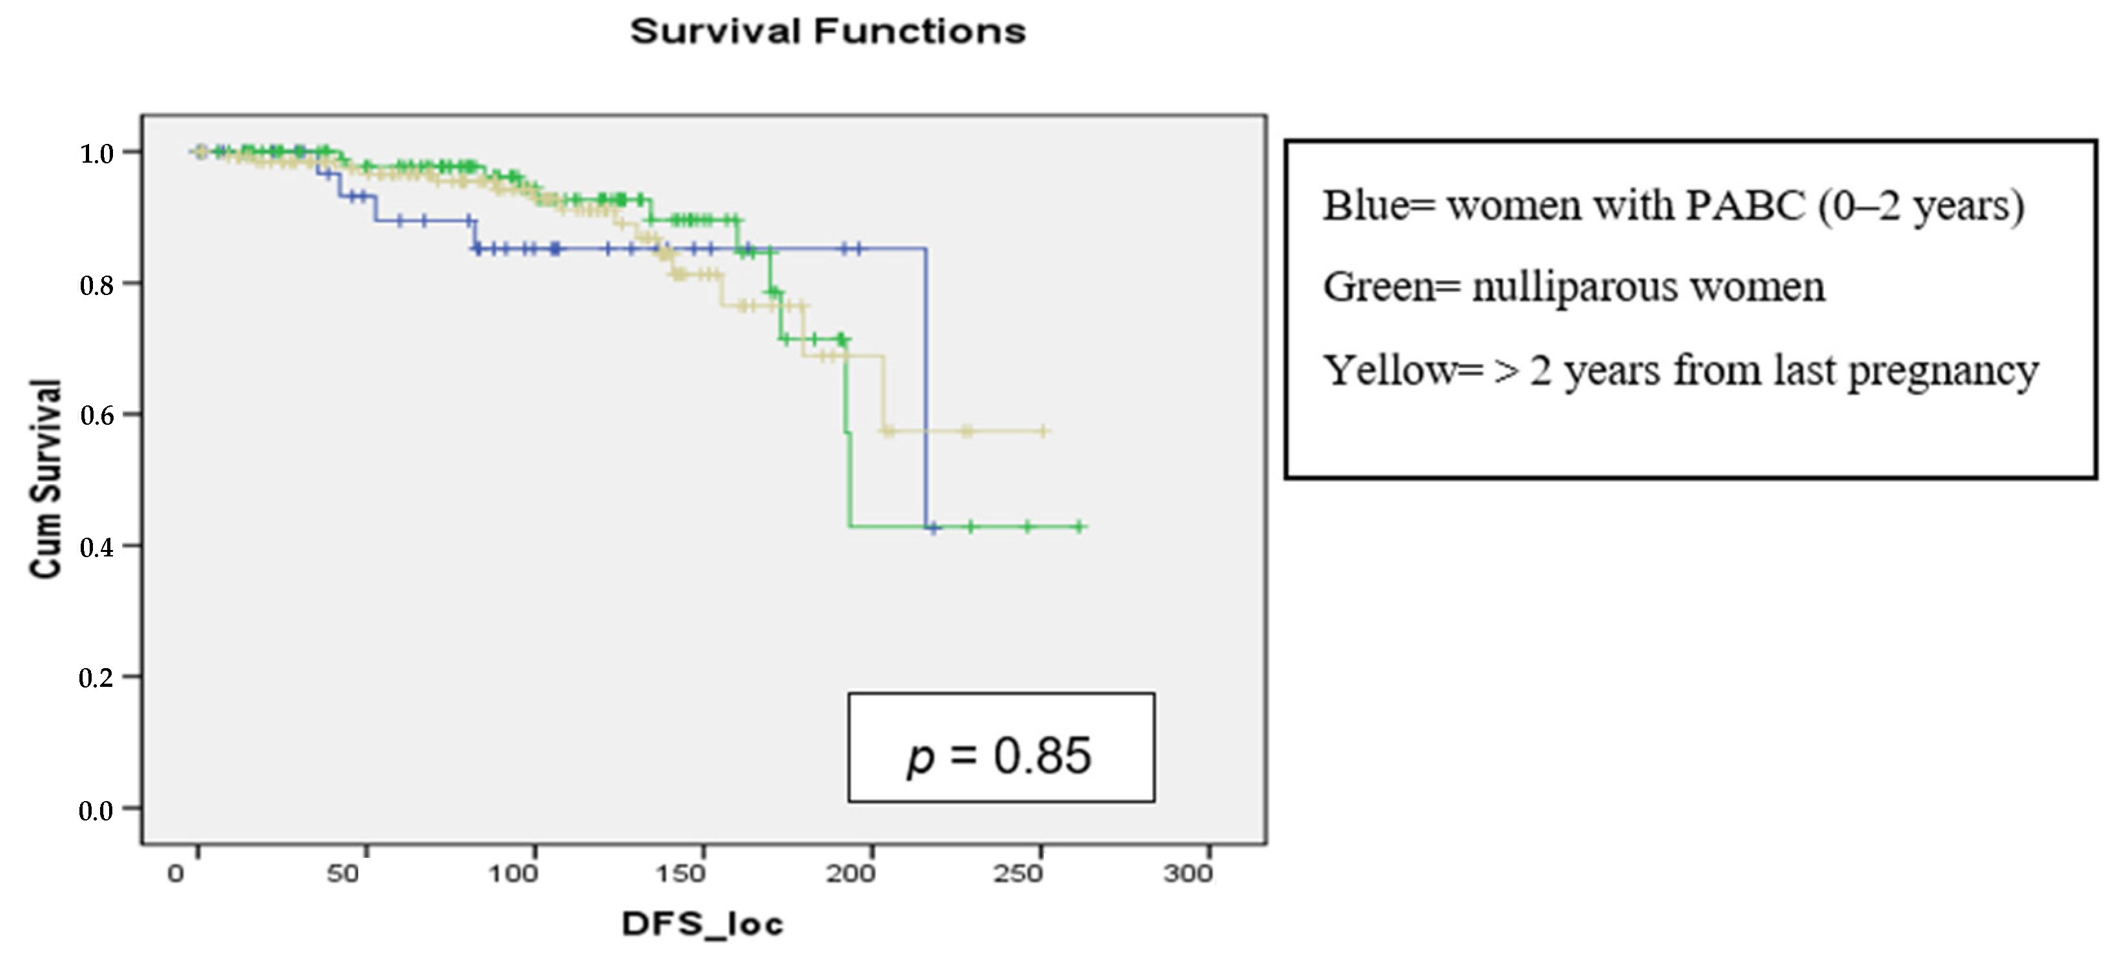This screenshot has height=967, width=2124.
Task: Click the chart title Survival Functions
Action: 828,32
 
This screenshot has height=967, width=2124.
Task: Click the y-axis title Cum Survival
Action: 46,478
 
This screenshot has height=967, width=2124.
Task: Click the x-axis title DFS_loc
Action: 702,924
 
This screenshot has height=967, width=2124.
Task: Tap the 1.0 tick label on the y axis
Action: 96,154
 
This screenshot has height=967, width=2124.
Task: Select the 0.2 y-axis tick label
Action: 96,678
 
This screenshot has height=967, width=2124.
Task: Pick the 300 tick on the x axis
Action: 1187,873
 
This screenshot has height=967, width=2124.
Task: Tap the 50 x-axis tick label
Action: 343,873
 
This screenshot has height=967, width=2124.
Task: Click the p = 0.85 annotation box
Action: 1001,748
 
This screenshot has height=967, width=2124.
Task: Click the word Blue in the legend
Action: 1365,206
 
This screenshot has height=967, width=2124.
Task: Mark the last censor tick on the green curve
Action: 1079,526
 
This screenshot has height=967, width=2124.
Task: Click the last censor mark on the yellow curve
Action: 1043,431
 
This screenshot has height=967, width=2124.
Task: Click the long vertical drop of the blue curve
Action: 926,387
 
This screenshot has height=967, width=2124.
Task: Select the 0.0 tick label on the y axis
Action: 96,810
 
